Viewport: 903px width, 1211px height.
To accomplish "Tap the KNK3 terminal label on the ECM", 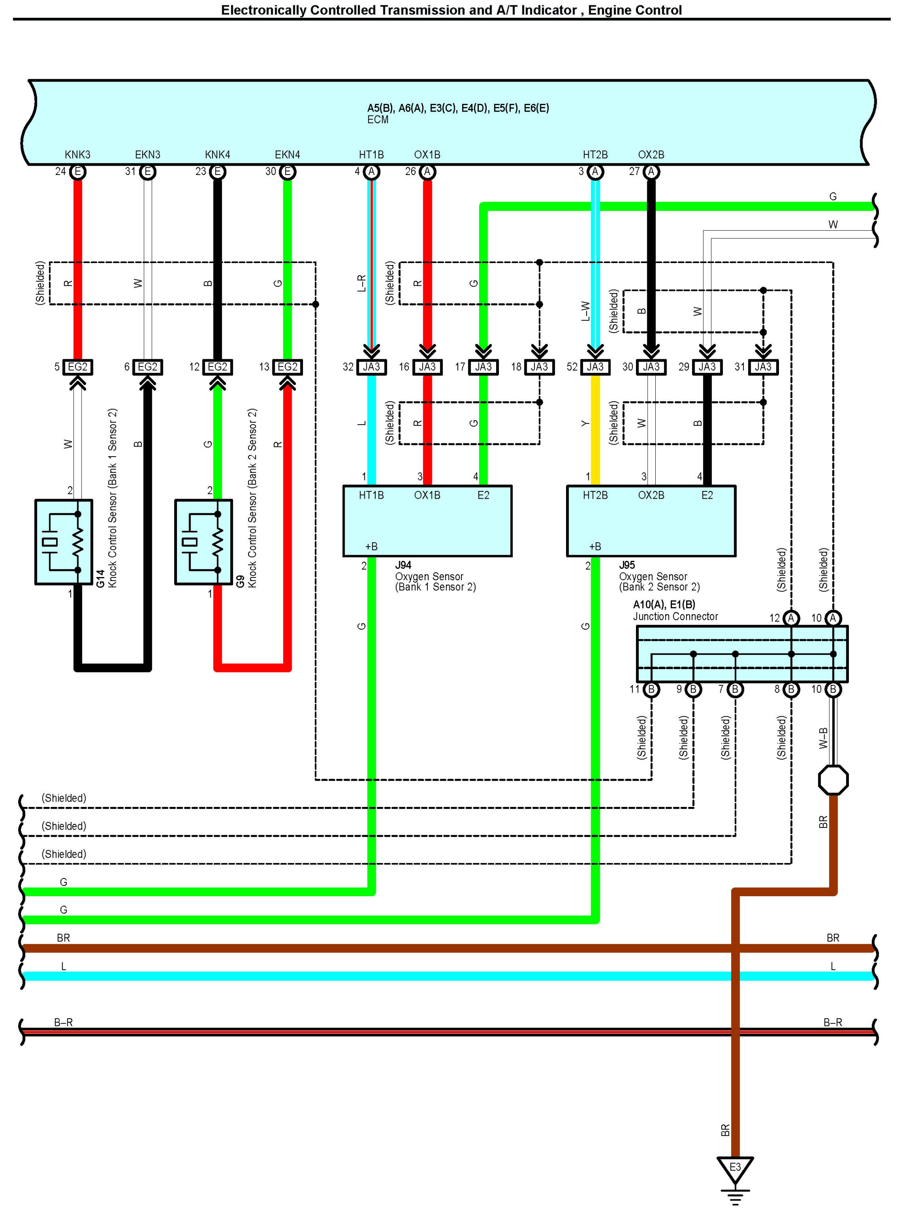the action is pyautogui.click(x=78, y=155).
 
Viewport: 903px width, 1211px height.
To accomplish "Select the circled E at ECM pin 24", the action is pyautogui.click(x=78, y=172).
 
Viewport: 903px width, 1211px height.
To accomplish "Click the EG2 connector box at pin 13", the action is pyautogui.click(x=288, y=367).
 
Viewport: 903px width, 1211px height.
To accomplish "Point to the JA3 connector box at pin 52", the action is pyautogui.click(x=595, y=367).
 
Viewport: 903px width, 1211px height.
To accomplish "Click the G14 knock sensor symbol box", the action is pyautogui.click(x=63, y=542).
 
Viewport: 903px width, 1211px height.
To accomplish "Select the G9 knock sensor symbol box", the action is pyautogui.click(x=203, y=542).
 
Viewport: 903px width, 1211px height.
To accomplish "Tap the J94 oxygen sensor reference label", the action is pyautogui.click(x=403, y=565).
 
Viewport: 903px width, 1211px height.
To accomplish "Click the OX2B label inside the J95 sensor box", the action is pyautogui.click(x=651, y=495).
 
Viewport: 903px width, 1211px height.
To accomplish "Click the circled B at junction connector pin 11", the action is pyautogui.click(x=651, y=689).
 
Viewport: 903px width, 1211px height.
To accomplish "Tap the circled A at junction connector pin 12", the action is pyautogui.click(x=791, y=618).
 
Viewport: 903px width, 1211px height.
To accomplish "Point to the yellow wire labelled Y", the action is pyautogui.click(x=595, y=430).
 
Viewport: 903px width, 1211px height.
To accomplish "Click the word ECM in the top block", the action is pyautogui.click(x=378, y=120).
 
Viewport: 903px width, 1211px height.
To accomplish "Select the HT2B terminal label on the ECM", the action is pyautogui.click(x=595, y=155).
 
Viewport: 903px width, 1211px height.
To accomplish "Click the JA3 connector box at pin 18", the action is pyautogui.click(x=539, y=367).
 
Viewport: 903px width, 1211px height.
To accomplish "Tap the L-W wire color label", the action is pyautogui.click(x=585, y=311).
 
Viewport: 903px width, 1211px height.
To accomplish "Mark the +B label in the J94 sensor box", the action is pyautogui.click(x=371, y=547).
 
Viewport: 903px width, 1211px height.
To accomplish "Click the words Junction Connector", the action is pyautogui.click(x=676, y=616).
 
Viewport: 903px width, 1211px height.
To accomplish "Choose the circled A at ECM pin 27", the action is pyautogui.click(x=651, y=172).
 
